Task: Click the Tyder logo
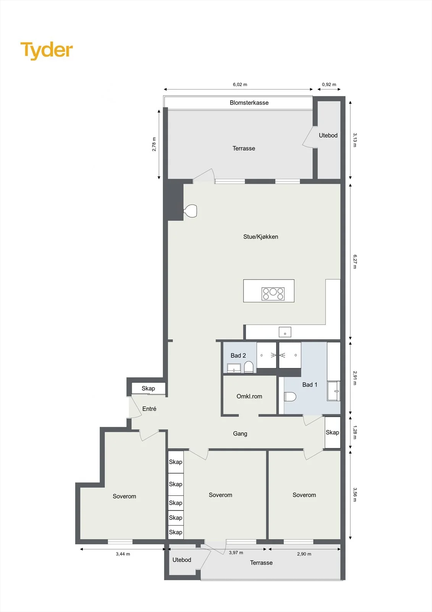coord(47,50)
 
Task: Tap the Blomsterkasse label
coord(249,103)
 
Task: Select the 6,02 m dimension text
coord(240,85)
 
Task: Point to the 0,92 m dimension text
coord(329,85)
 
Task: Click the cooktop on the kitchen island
coord(273,294)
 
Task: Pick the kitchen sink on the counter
coord(285,332)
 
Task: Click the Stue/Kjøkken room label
coord(260,237)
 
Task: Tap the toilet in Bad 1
coord(290,396)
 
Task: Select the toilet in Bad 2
coord(249,367)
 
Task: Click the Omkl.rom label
coord(249,396)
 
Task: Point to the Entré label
coord(149,409)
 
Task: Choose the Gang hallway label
coord(240,434)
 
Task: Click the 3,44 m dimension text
coord(123,554)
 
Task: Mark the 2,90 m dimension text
coord(304,554)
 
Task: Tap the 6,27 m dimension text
coord(355,262)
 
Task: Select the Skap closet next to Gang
coord(332,432)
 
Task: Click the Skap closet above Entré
coord(149,388)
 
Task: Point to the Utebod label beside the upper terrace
coord(328,135)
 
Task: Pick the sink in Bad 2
coord(234,368)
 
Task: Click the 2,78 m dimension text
coord(154,144)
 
